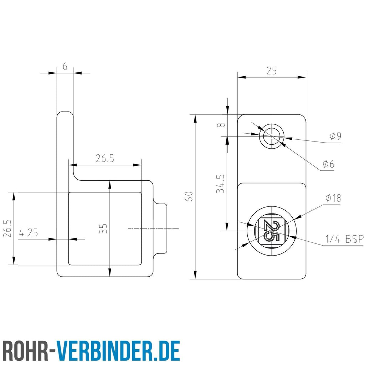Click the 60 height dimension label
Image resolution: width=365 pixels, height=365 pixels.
(x=190, y=196)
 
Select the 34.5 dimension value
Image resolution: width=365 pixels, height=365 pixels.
(x=220, y=184)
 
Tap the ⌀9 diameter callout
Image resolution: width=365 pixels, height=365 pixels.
(x=335, y=136)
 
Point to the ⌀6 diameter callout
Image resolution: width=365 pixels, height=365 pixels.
(x=328, y=164)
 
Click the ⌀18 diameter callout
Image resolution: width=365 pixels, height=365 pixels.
(x=333, y=198)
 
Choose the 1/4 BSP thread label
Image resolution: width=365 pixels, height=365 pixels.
(x=344, y=239)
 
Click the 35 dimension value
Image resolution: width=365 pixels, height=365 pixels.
(x=103, y=228)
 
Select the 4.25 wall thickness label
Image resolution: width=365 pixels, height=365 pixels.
(x=28, y=233)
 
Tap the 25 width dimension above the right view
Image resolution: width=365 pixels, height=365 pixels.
(x=272, y=71)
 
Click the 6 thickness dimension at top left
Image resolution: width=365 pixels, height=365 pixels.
(x=65, y=67)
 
